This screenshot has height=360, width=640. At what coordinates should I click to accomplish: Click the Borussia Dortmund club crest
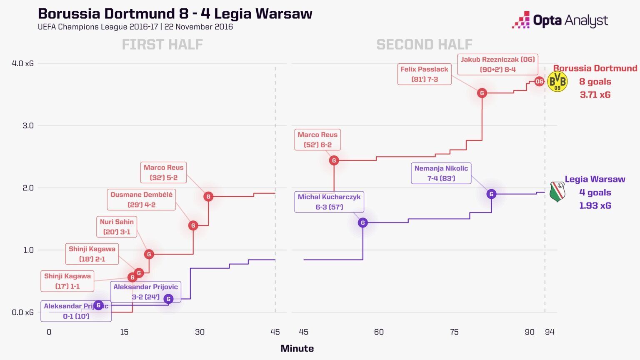pyautogui.click(x=557, y=81)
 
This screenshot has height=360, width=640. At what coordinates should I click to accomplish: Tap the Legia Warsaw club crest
pyautogui.click(x=557, y=192)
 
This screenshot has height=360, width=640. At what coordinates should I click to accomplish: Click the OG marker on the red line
pyautogui.click(x=539, y=82)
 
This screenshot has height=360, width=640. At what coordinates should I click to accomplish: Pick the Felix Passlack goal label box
pyautogui.click(x=424, y=74)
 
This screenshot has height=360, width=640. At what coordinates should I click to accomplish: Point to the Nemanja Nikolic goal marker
pyautogui.click(x=491, y=194)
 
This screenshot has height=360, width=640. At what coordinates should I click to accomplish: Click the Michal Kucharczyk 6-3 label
pyautogui.click(x=329, y=202)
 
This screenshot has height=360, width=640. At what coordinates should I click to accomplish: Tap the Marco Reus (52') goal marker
pyautogui.click(x=334, y=160)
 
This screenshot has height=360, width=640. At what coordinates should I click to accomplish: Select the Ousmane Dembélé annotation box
pyautogui.click(x=141, y=200)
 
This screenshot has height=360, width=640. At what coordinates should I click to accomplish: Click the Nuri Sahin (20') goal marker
pyautogui.click(x=149, y=254)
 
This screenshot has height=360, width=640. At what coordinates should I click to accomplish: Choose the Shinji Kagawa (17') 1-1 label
pyautogui.click(x=67, y=281)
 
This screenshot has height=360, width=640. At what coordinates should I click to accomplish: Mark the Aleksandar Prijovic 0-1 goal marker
pyautogui.click(x=98, y=305)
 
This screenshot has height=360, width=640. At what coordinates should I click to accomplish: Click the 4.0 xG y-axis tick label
pyautogui.click(x=23, y=64)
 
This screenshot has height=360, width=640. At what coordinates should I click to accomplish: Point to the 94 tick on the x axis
pyautogui.click(x=550, y=332)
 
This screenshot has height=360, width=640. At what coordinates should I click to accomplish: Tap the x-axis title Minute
pyautogui.click(x=297, y=348)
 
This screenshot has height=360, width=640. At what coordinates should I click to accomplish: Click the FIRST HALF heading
pyautogui.click(x=162, y=45)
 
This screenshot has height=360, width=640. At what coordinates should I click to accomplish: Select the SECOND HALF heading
pyautogui.click(x=424, y=45)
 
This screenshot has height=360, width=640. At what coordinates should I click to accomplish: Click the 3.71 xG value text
pyautogui.click(x=595, y=95)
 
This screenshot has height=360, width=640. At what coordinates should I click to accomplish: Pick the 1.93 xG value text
pyautogui.click(x=595, y=205)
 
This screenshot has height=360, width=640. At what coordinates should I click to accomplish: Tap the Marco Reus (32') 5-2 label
pyautogui.click(x=163, y=172)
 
